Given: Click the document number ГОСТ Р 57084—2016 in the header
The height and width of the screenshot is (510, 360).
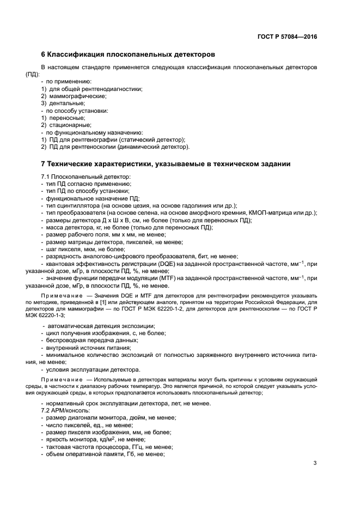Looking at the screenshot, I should click(x=287, y=37).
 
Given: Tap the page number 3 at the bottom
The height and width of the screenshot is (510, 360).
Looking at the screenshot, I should click(x=315, y=463).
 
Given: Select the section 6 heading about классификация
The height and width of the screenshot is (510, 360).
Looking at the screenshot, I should click(x=129, y=54).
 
